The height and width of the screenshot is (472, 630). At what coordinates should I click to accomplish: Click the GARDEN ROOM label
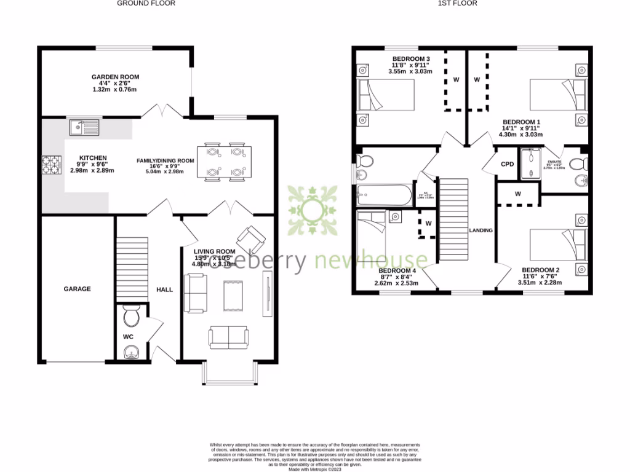(115, 77)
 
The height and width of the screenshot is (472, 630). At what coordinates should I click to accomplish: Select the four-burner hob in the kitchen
(50, 164)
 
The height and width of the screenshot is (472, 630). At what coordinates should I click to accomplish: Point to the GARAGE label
(78, 288)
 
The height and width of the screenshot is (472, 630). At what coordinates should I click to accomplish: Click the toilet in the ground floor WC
(131, 316)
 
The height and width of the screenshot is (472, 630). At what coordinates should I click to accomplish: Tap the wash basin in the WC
(131, 352)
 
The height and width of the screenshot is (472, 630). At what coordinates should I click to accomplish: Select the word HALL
(164, 289)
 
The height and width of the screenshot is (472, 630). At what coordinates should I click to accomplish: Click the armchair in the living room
(252, 236)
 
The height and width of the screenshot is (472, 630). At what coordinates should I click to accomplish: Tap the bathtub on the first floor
(385, 195)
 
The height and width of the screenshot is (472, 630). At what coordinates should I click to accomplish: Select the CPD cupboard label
(507, 164)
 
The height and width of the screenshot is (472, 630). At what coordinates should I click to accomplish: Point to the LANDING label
(480, 230)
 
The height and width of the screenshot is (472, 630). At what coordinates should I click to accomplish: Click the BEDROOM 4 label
(397, 270)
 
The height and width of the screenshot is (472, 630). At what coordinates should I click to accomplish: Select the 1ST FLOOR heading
(457, 4)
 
